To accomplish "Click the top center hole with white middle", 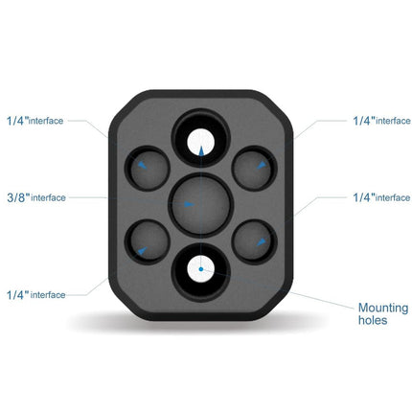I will tap(200, 138).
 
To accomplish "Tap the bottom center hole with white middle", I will tap(200, 270).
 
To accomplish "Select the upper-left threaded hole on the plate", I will tap(148, 170).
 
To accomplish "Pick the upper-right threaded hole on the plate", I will tap(255, 170).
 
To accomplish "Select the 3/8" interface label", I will tap(34, 197).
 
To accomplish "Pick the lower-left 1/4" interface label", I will tap(36, 294).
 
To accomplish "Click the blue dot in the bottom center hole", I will tap(200, 269).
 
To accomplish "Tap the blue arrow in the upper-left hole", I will tap(142, 165).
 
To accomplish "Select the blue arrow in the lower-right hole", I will tap(259, 246).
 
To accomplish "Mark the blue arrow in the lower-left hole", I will tap(142, 250).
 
